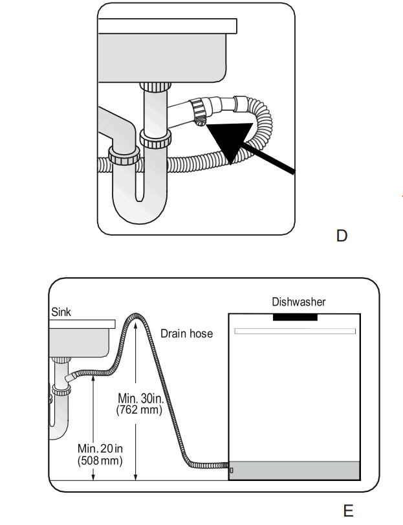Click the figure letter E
348,511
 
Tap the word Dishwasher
298,302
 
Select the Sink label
62,312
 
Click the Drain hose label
186,333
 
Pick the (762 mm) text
139,410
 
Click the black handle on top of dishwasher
295,317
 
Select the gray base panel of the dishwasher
295,471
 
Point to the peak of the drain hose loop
136,315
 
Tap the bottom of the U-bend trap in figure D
138,216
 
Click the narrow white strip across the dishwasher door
295,331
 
